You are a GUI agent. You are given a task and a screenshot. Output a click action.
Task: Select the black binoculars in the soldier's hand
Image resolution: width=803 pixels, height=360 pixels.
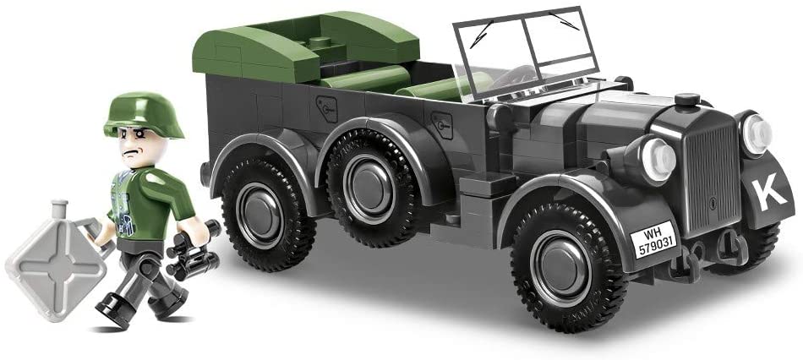click(193, 251)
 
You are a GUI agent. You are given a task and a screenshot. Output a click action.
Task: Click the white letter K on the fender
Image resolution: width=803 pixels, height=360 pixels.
click(768, 194)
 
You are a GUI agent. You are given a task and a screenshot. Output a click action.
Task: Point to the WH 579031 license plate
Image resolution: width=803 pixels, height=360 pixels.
click(653, 240)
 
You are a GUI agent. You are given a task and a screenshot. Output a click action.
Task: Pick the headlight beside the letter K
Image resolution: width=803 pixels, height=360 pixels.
click(756, 134)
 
